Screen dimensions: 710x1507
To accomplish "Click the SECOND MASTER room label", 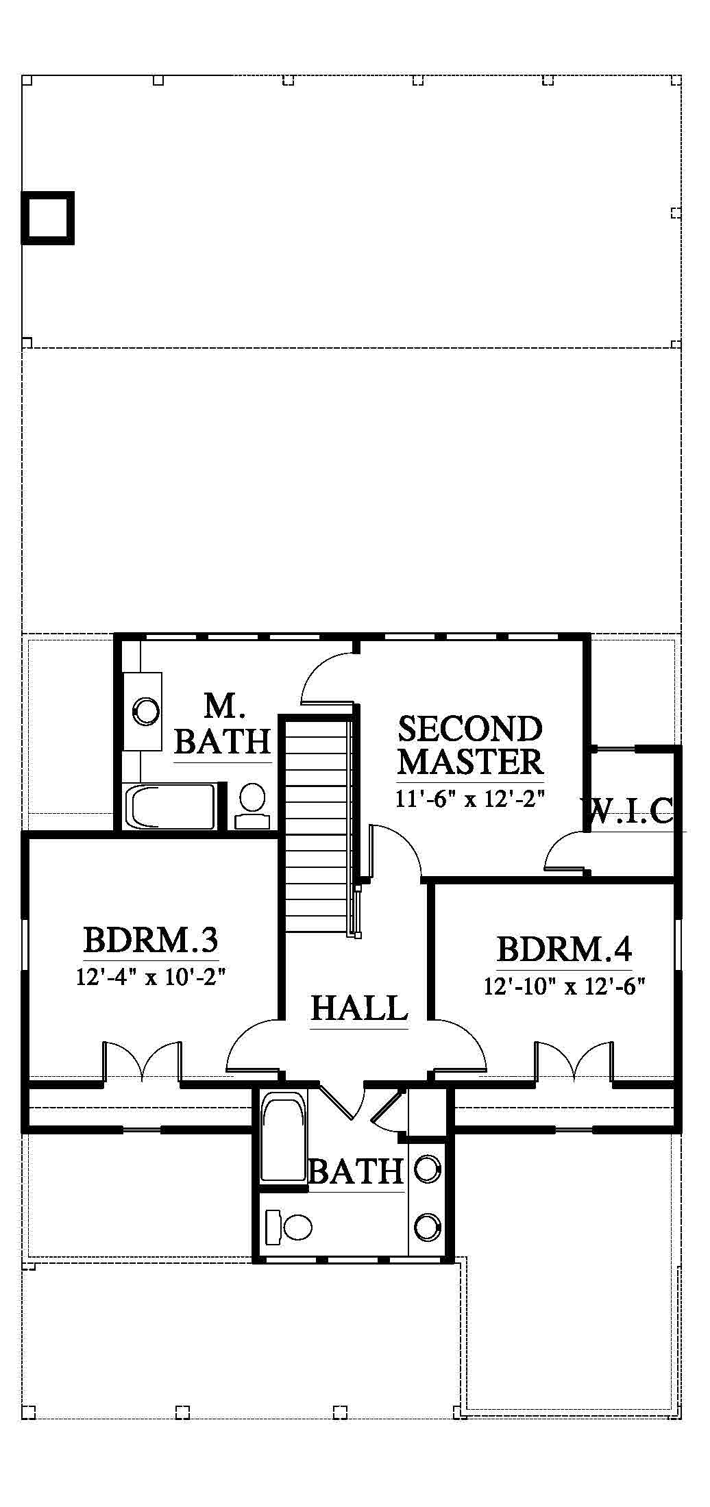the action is tap(470, 745).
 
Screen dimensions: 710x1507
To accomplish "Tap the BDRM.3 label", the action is tap(151, 940).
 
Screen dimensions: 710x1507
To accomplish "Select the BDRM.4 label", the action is tap(564, 949).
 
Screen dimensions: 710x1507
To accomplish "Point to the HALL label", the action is tap(359, 1008).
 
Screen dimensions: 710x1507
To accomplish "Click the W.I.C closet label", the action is tap(632, 811).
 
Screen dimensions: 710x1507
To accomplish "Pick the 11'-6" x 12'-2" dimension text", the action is tap(470, 799).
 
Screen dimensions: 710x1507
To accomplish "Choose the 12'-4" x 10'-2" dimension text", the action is tap(151, 975).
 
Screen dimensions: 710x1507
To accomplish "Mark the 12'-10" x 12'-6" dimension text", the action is tap(565, 986).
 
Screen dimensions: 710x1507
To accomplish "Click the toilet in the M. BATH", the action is tap(252, 806).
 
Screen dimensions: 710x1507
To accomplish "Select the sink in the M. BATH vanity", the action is tap(145, 711).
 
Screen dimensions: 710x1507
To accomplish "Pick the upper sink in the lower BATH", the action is tap(428, 1169).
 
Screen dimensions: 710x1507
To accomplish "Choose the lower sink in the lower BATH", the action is tap(428, 1226).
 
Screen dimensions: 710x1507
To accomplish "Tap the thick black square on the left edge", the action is tap(47, 218).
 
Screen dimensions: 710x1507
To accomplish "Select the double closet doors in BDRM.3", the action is tap(143, 1061).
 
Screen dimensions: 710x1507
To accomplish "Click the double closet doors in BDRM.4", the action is tap(574, 1061).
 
